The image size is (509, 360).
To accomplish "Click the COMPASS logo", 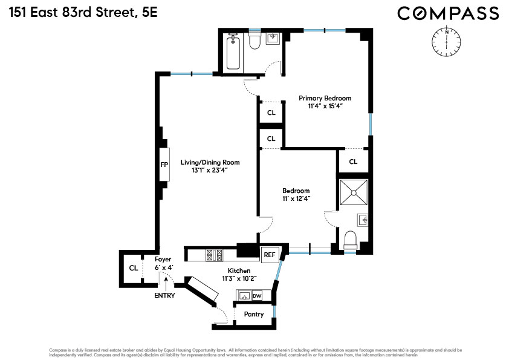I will tap(448, 13).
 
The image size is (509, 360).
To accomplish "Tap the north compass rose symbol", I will tap(446, 41).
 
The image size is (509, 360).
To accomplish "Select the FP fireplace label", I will tap(164, 164).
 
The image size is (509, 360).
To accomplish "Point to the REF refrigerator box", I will tap(269, 255).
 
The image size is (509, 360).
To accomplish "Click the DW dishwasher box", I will tap(257, 296).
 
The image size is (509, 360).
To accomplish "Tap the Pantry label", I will tap(254, 315).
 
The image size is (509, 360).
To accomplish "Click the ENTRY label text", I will tap(164, 296).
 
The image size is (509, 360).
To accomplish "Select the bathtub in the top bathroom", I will tap(234, 52).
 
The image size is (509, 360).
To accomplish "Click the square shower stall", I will tap(354, 192).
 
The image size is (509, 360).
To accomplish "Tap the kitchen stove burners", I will tap(215, 255).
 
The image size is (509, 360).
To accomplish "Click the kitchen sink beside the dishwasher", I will tap(244, 296).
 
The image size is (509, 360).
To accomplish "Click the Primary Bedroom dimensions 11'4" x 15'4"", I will tap(325, 106).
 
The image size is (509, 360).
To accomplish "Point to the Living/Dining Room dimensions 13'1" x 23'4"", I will tap(210, 170).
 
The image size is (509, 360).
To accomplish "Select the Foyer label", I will tap(164, 259).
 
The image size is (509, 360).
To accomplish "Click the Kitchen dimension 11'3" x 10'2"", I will tap(239, 279).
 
